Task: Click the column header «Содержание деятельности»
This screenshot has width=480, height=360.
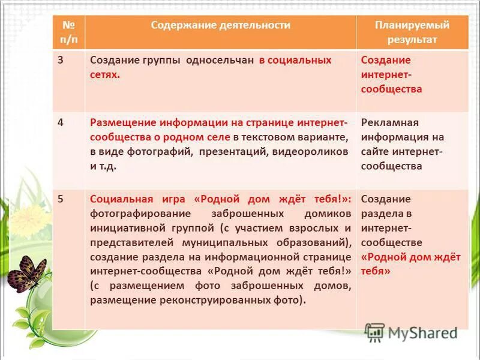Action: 220,25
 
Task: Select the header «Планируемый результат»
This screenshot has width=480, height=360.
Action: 412,32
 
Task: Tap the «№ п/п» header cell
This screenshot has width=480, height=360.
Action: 68,32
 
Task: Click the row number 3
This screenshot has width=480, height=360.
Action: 61,60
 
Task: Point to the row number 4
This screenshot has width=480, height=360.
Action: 61,122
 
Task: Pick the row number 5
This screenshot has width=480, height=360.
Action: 61,199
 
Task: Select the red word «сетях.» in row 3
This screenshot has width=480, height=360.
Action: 105,75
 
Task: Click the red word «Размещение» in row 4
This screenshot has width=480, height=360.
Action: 118,122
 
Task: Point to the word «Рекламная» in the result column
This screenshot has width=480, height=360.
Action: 389,122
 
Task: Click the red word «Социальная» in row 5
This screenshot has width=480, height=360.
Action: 116,199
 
